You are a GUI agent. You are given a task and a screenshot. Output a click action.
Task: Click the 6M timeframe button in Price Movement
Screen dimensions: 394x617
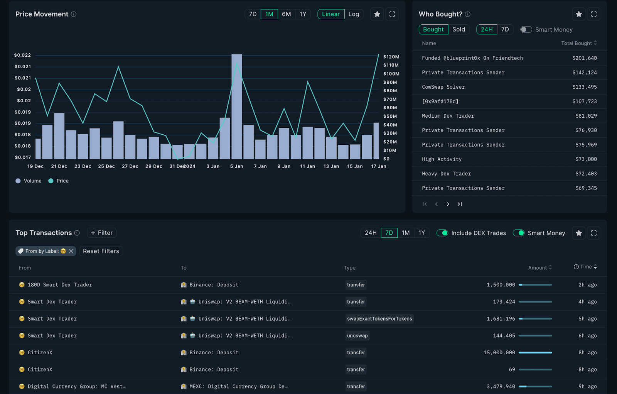click(286, 14)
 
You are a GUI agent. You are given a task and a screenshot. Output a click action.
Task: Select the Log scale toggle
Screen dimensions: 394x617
click(354, 14)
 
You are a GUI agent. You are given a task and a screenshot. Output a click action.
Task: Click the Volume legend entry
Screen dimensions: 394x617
click(29, 181)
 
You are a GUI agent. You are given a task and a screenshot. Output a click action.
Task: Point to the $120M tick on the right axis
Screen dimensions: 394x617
click(391, 57)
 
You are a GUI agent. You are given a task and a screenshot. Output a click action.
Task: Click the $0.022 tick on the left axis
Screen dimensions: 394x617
click(22, 55)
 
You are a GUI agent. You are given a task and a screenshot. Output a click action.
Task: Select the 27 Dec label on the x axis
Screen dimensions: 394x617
click(130, 166)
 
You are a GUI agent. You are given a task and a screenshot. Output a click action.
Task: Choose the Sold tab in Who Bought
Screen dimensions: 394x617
click(459, 30)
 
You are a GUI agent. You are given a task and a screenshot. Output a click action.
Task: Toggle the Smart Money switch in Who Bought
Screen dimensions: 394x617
click(526, 30)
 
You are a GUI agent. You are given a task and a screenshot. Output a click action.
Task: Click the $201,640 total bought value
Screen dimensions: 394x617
click(584, 58)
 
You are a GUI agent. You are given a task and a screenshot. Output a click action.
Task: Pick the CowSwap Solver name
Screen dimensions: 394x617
click(443, 87)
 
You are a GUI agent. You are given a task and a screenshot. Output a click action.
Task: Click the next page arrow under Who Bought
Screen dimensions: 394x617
click(448, 204)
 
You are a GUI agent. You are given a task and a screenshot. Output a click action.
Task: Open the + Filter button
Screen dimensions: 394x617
click(102, 233)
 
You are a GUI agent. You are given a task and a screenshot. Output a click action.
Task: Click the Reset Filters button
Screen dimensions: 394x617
click(101, 251)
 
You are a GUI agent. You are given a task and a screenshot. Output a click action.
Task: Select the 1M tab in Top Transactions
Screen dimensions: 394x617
click(405, 233)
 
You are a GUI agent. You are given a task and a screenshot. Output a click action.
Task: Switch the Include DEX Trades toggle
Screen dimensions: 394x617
click(442, 233)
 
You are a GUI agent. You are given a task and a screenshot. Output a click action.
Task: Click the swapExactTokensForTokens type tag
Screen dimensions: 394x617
click(379, 319)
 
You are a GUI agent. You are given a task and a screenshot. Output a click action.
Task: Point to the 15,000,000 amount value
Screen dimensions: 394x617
click(499, 353)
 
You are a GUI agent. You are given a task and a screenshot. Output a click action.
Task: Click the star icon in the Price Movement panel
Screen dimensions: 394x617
click(377, 14)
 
